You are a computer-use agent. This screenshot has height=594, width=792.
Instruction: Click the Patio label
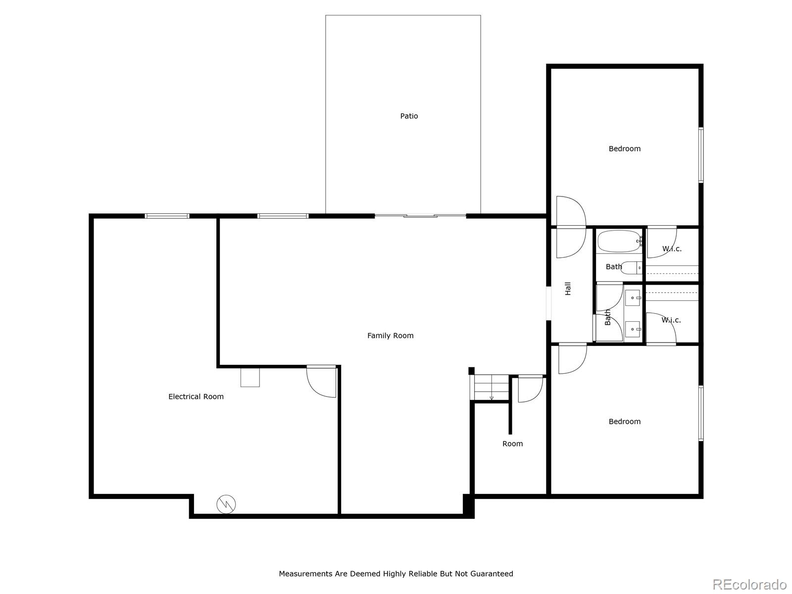409,116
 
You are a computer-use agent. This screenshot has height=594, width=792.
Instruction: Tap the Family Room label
390,336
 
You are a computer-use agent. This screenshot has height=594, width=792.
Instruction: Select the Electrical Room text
196,396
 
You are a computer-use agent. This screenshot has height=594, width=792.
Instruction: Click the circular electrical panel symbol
226,504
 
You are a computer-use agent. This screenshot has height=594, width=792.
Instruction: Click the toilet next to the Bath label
632,268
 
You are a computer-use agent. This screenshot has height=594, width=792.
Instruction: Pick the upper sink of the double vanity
633,298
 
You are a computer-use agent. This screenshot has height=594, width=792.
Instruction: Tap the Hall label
568,289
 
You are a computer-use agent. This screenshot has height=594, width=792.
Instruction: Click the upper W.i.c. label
672,249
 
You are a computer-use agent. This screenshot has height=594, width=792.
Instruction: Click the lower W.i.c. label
671,320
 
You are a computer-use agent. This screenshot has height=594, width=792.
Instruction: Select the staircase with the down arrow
491,388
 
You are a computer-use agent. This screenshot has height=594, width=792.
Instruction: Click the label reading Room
512,444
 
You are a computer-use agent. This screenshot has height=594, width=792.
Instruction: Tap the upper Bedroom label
624,148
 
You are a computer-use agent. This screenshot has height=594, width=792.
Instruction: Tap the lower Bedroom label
624,422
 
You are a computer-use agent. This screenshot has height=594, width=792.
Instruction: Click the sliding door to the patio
420,216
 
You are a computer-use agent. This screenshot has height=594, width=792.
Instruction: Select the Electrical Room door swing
321,382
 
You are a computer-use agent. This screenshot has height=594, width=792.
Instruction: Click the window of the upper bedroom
701,155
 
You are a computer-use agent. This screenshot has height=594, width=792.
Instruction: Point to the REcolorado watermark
749,584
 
